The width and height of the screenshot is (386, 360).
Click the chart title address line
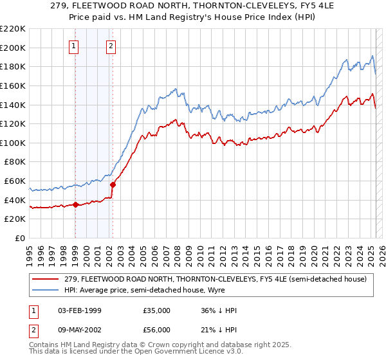[192, 5]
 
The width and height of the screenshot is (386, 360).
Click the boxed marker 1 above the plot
[75, 45]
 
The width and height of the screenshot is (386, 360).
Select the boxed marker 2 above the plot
[111, 45]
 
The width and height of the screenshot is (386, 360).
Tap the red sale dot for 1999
[75, 205]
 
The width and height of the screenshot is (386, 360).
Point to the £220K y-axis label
[13, 28]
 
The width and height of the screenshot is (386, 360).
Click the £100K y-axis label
[13, 143]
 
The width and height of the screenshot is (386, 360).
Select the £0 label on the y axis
[21, 238]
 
